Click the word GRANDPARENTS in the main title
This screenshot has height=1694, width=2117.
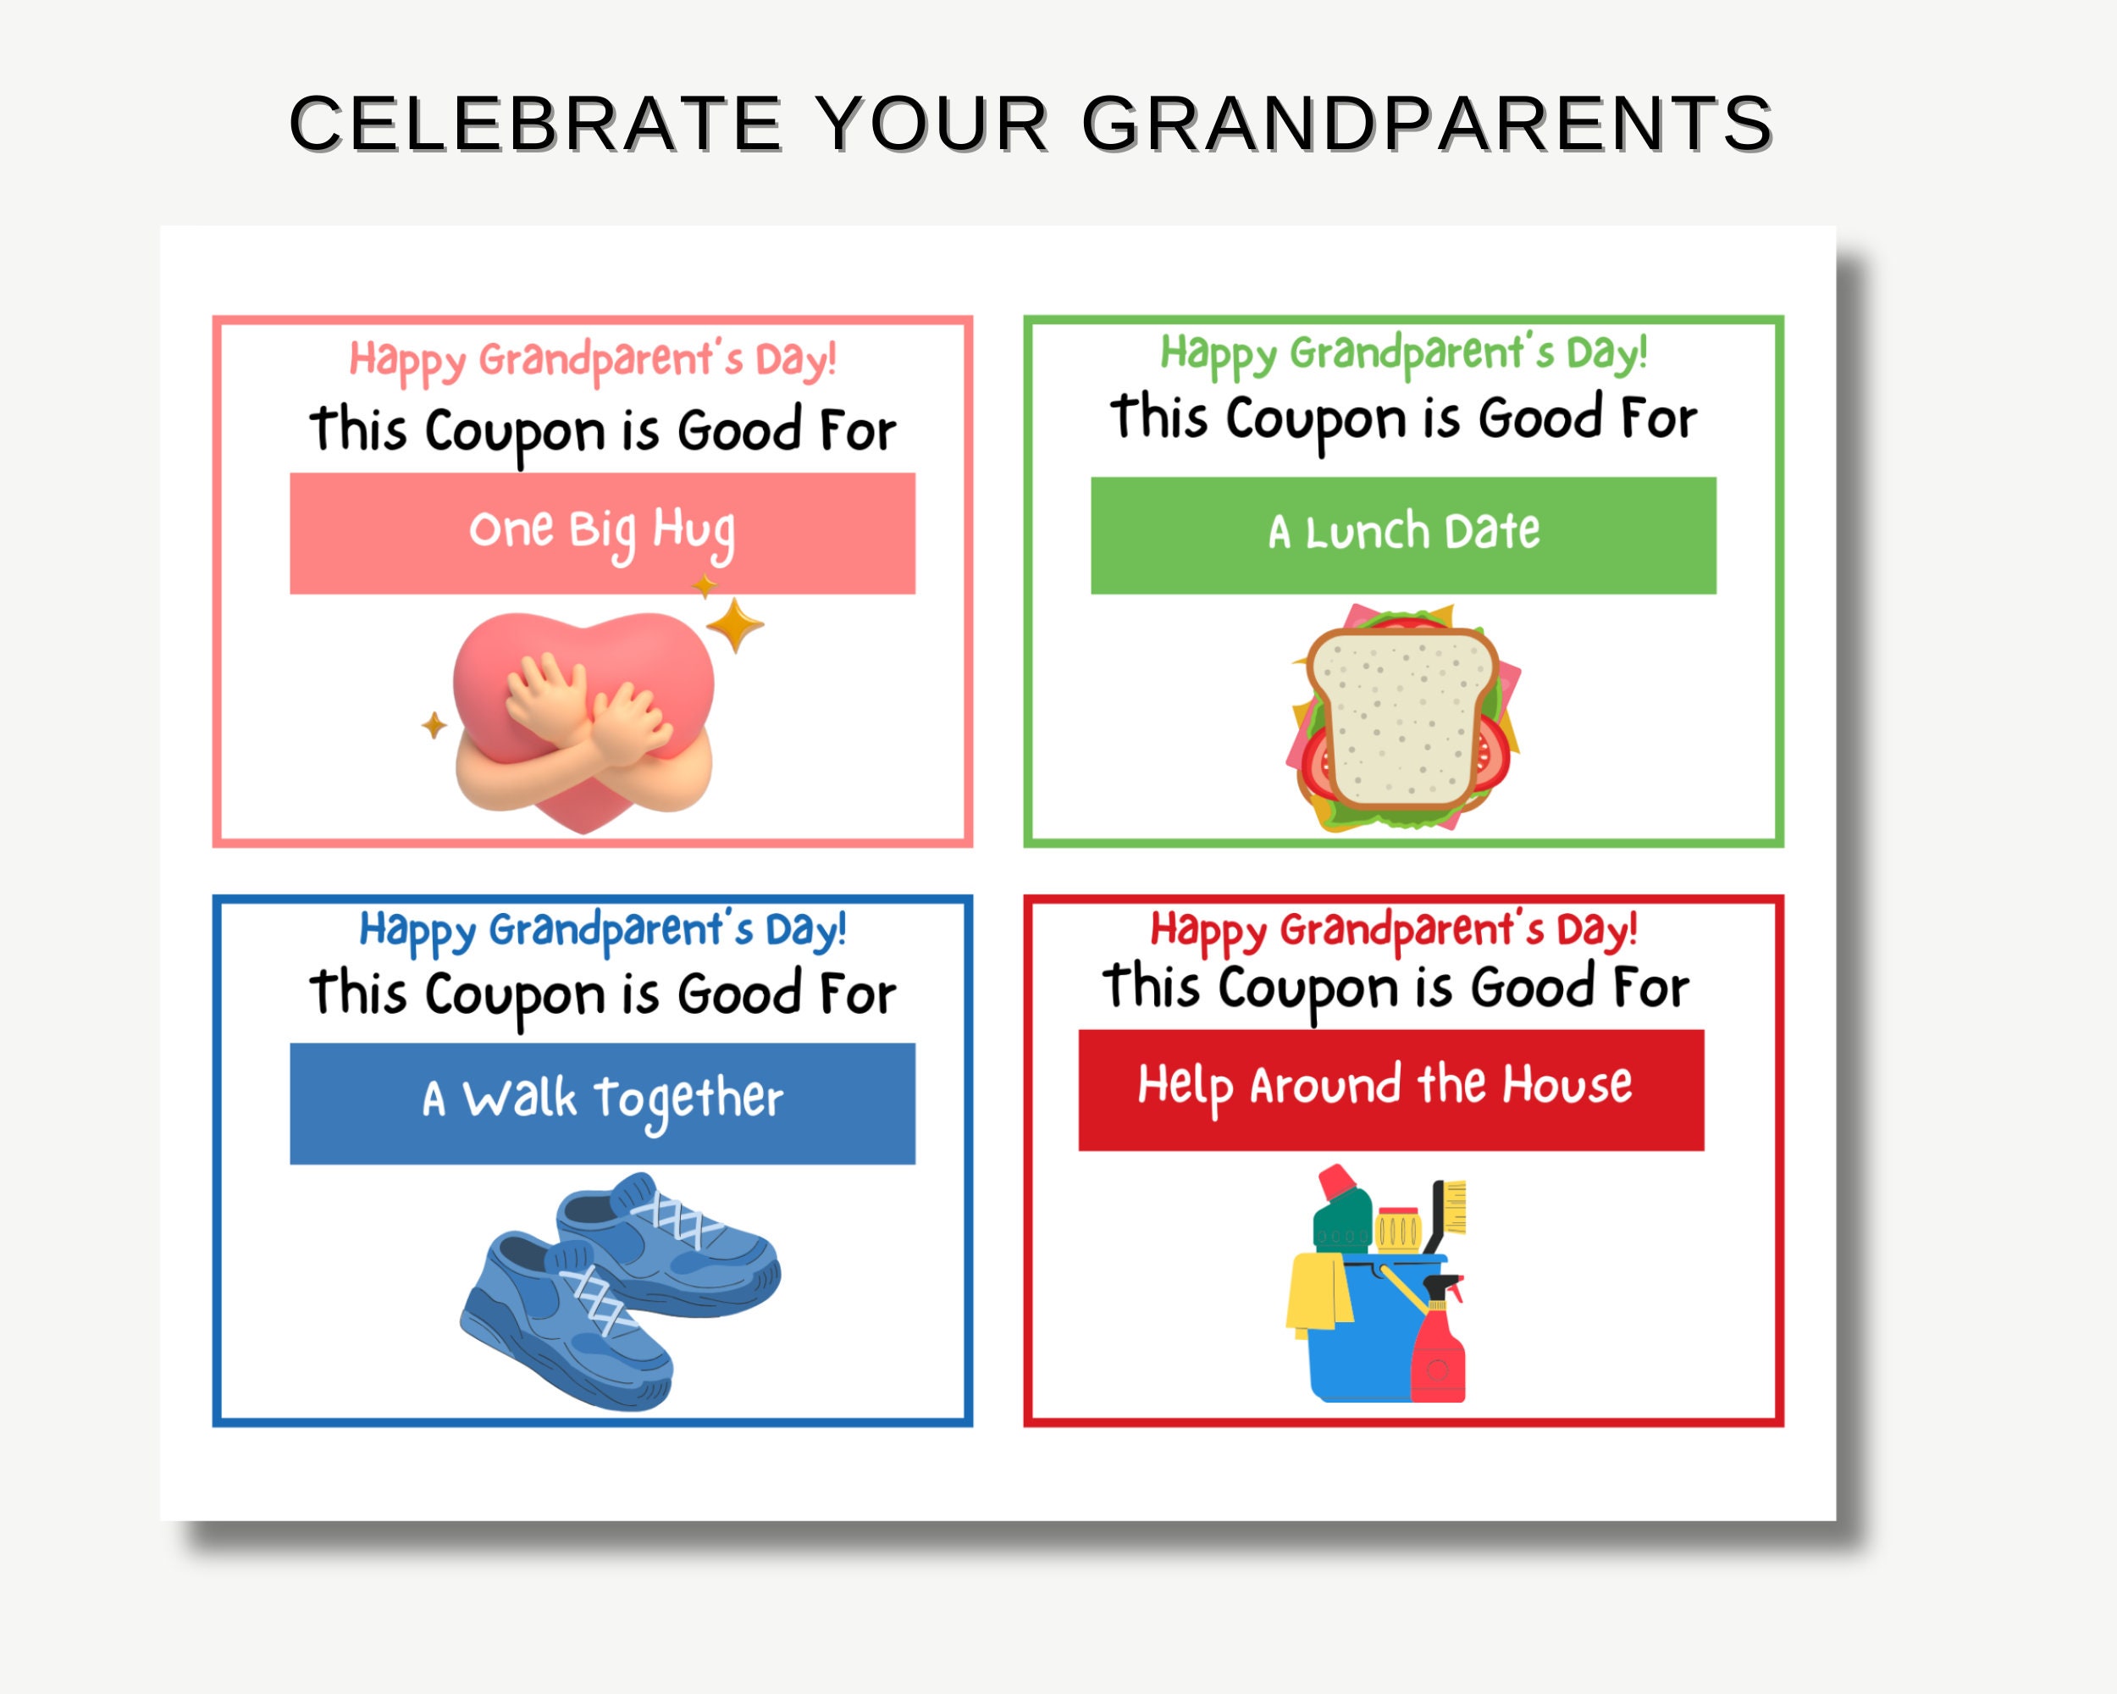coord(1427,125)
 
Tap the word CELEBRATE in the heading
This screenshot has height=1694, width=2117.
coord(536,125)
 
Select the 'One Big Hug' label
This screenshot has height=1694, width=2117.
coord(602,531)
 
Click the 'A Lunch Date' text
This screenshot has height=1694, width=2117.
coord(1403,532)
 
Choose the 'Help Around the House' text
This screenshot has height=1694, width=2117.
coord(1385,1086)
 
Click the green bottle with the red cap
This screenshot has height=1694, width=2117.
coord(1341,1214)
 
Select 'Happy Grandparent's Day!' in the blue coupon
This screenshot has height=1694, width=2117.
coord(602,930)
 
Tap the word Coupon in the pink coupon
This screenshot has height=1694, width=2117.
coord(515,433)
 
